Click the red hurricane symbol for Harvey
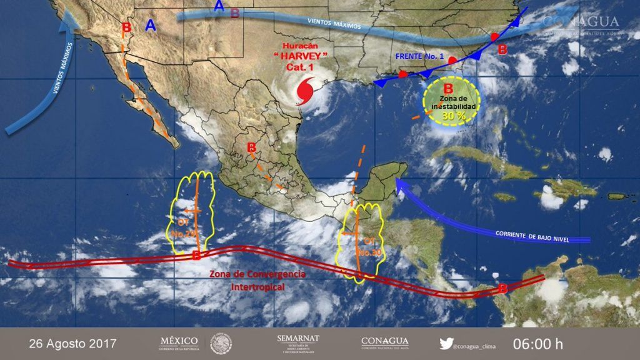point(305,91)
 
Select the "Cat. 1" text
point(305,67)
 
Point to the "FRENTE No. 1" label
point(419,57)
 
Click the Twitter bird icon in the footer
point(446,343)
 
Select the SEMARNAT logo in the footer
point(297,343)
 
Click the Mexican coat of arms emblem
point(221,343)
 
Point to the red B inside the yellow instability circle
point(447,89)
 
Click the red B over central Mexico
point(252,148)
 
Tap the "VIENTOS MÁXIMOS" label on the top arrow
point(334,23)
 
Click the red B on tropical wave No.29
point(196,255)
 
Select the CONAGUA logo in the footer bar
point(385,342)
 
